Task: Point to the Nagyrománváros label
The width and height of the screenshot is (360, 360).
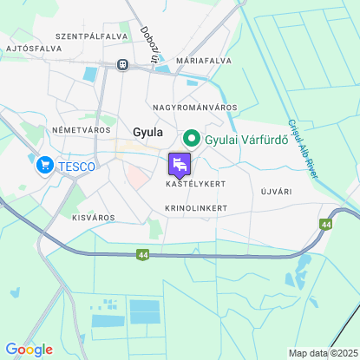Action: (x=195, y=107)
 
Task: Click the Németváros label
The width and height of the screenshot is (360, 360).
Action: (x=81, y=129)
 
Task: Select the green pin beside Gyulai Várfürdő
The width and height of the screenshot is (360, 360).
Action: (x=191, y=138)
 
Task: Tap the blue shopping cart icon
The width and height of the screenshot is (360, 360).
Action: (x=44, y=164)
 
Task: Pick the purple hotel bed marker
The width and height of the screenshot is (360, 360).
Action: (x=180, y=164)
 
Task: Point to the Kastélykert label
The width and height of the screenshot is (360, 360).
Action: (x=195, y=185)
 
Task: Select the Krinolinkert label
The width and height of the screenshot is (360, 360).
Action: (x=196, y=208)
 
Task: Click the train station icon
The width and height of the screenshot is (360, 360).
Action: (x=123, y=64)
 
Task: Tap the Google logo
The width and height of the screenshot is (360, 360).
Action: (x=29, y=350)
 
